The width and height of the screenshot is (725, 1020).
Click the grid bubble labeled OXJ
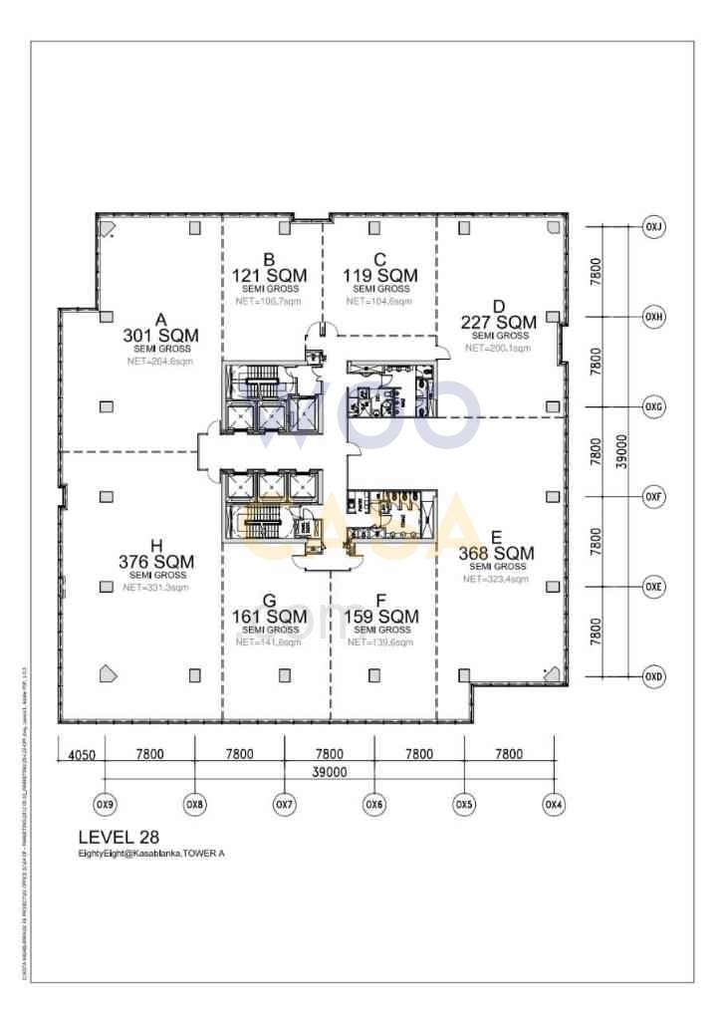point(653,226)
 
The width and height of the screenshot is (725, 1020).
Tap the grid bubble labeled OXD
point(653,676)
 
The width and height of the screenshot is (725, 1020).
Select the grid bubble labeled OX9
point(104,804)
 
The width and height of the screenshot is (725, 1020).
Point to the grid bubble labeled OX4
point(554,804)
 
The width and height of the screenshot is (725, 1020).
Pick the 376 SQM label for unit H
point(156,562)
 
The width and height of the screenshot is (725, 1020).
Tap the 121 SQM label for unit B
point(269,275)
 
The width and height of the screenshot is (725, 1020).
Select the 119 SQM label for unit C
point(380,275)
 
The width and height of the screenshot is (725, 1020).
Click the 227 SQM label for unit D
point(499,322)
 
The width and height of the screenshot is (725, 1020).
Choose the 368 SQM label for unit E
point(496,553)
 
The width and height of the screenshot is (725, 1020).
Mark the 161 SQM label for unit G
point(269,617)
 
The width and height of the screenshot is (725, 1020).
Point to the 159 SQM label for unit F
point(381,617)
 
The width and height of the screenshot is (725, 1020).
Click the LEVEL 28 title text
point(119,838)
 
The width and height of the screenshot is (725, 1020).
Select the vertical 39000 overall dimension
point(622,451)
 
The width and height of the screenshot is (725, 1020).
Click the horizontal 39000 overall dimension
point(329,772)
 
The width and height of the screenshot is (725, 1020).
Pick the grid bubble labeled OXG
point(653,406)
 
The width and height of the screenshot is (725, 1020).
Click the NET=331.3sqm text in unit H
point(156,588)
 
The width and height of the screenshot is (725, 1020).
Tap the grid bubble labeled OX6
point(373,804)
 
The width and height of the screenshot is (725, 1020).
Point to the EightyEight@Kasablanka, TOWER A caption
point(151,855)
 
